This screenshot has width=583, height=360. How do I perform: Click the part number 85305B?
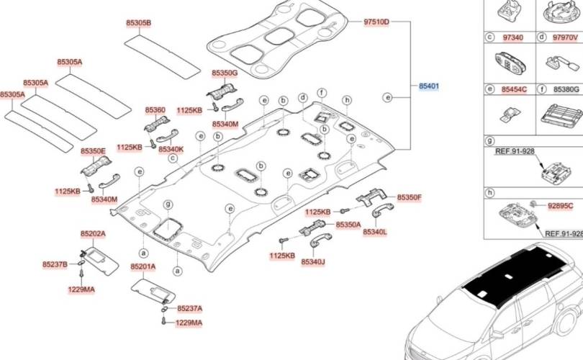point(139,23)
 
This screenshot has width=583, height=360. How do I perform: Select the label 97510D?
point(376,23)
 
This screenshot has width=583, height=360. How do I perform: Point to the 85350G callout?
point(225,73)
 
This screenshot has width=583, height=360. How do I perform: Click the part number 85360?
point(155,110)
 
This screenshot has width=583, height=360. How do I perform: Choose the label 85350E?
point(94,151)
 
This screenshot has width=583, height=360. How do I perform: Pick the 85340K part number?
point(171,148)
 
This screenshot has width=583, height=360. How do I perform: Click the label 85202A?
point(93,234)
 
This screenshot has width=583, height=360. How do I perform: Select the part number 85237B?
point(55,264)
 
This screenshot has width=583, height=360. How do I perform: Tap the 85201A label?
point(143,266)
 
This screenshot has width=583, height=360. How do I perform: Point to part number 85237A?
point(189,307)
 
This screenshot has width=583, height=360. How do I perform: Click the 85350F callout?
point(410,197)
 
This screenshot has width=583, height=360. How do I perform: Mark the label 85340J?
point(313,261)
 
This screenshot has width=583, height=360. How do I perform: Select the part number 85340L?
point(375,232)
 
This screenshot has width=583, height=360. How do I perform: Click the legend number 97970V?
point(566,36)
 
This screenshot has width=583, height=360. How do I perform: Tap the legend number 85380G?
point(566,89)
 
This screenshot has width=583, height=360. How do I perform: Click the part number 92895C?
point(561,205)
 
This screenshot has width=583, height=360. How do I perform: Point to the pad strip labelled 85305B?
point(162,54)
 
